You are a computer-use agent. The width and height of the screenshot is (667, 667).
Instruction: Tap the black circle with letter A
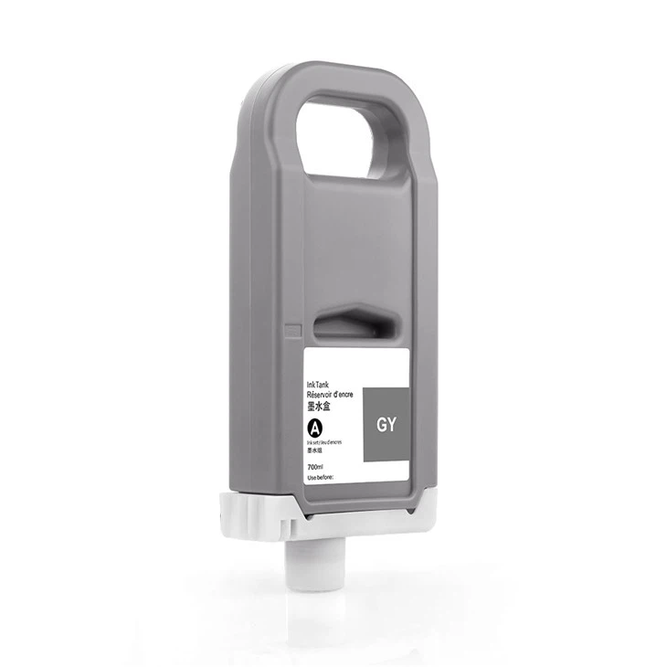click(x=316, y=428)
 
